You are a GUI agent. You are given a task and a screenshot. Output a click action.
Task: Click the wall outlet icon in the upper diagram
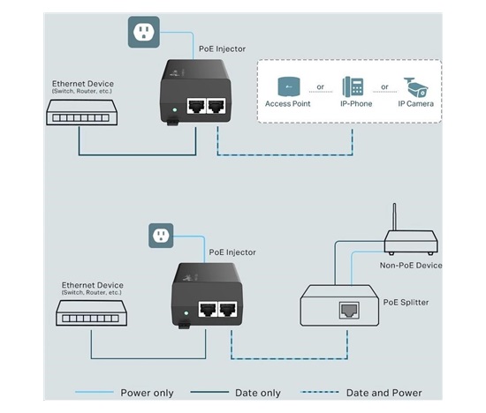point(144,32)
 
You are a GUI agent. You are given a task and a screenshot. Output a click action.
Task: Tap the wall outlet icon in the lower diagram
point(161,236)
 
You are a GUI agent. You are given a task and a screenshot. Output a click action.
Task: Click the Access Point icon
point(289,86)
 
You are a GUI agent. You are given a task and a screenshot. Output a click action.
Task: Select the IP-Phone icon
point(353,86)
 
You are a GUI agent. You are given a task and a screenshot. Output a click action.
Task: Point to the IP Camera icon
point(415,87)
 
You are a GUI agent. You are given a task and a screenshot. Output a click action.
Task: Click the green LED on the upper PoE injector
point(174,109)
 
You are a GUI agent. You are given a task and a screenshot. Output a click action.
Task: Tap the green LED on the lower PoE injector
point(186,313)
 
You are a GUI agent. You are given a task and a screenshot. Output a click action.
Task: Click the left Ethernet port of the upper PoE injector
point(196,106)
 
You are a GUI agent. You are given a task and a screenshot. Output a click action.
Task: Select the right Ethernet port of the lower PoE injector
point(228,309)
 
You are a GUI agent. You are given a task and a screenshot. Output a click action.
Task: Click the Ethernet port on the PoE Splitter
point(349,310)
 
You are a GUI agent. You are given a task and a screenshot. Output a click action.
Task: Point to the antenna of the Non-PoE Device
point(394,217)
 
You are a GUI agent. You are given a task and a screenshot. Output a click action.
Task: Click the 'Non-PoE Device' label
point(411,266)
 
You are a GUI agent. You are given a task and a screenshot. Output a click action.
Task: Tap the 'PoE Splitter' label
point(406,302)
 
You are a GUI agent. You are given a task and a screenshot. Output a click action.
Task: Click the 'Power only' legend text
point(147,393)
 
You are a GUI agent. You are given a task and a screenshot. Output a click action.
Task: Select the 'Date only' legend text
point(258,393)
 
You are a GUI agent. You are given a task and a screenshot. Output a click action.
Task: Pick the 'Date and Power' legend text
point(384,393)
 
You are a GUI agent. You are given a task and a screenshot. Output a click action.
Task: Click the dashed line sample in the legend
point(320,392)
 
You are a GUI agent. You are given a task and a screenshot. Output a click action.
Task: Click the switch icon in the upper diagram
point(82,112)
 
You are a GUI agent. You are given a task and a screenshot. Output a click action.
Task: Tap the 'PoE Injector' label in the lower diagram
point(232,252)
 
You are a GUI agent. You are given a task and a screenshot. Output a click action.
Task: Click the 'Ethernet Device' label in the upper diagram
point(83,84)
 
